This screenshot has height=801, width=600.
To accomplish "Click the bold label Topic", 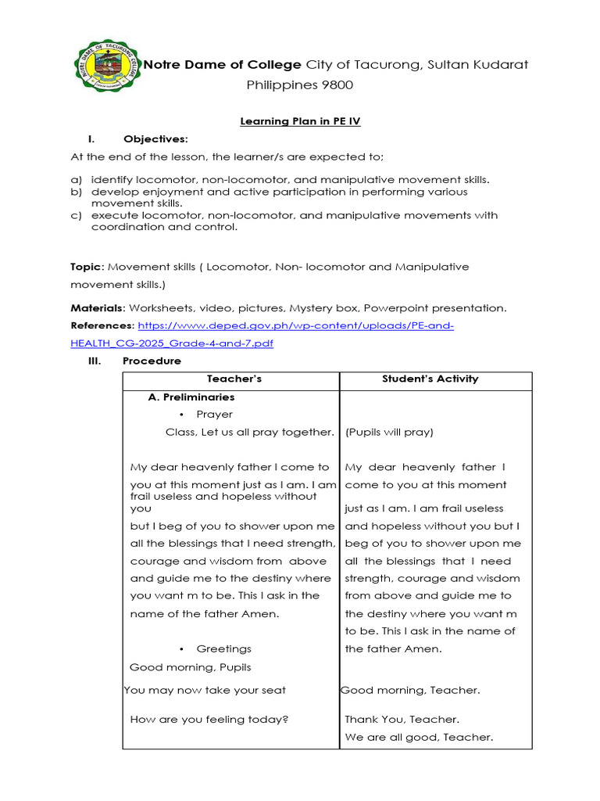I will point(86,267).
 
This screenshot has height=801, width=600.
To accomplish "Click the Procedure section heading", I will point(152,361).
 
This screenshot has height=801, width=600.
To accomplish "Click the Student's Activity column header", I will point(430,379).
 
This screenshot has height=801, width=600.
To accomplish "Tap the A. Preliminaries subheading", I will point(191,397).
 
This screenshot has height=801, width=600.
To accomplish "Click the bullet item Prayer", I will point(214,415).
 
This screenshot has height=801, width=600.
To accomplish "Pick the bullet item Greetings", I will point(223,648).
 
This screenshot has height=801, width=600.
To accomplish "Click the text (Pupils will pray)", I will point(389,432).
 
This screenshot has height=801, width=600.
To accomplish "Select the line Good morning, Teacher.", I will point(411,690).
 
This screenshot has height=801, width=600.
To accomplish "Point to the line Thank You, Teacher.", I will point(402,720).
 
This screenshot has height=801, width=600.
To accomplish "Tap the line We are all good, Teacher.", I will point(419,737).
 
